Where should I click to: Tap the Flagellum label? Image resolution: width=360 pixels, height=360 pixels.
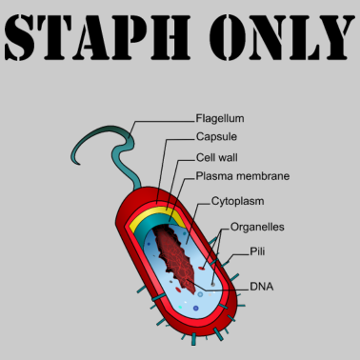pyautogui.click(x=220, y=119)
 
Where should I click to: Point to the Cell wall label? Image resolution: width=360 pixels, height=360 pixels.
pyautogui.click(x=218, y=156)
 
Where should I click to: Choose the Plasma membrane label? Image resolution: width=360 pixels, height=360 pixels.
pyautogui.click(x=242, y=176)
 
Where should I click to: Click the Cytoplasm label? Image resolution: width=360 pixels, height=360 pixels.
pyautogui.click(x=237, y=202)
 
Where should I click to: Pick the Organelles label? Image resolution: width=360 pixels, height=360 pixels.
pyautogui.click(x=257, y=228)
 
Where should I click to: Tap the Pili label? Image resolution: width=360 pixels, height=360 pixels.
pyautogui.click(x=256, y=251)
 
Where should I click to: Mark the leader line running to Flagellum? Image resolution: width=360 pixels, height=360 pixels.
pyautogui.click(x=157, y=122)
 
